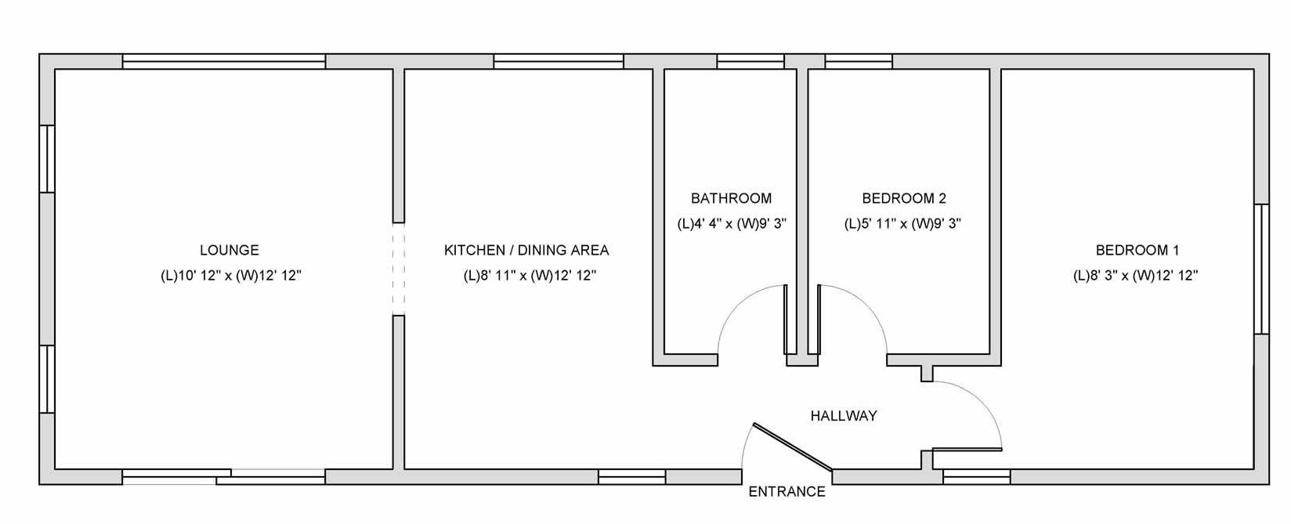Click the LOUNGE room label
[x=230, y=250]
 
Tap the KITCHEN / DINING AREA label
[x=526, y=250]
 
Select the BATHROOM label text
[x=732, y=198]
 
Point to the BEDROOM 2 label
[x=904, y=198]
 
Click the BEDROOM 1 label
[x=1137, y=250]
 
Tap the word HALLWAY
[x=844, y=416]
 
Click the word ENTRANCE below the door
[x=787, y=492]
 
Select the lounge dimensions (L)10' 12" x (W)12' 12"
[x=231, y=276]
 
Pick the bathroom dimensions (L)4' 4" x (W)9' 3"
[x=732, y=224]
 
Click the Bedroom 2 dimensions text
[x=902, y=224]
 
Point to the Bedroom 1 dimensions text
[x=1135, y=276]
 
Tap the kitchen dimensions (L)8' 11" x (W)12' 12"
[x=530, y=276]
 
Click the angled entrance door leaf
[x=793, y=447]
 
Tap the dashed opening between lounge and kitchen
[x=398, y=269]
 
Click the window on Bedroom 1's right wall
[x=1261, y=269]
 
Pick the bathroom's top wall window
[x=750, y=61]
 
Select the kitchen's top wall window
[x=559, y=61]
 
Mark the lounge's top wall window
[x=224, y=61]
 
